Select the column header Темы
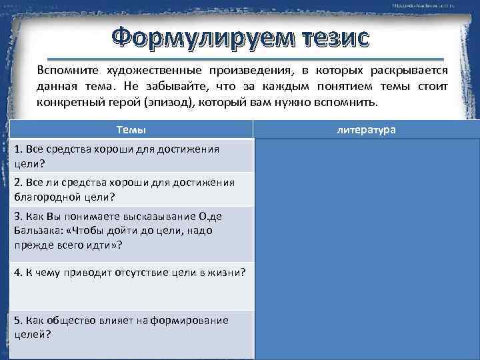[x=131, y=130]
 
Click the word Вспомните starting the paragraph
[x=64, y=71]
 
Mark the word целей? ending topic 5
[x=32, y=334]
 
